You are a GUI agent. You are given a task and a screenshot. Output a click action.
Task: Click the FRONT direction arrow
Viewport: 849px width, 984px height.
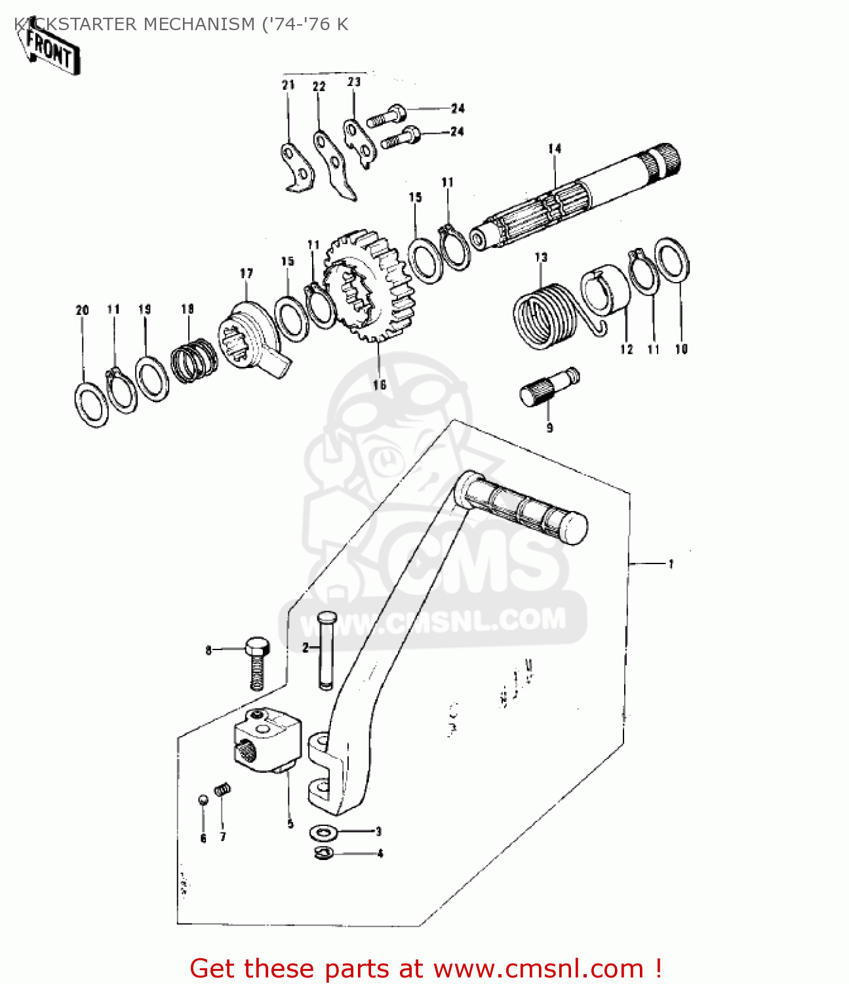tap(52, 50)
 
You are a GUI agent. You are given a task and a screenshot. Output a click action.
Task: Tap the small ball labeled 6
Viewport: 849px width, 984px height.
tap(203, 799)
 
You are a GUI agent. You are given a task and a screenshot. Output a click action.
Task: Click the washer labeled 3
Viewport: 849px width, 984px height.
tap(323, 832)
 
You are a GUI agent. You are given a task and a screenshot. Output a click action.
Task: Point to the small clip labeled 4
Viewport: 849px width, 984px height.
tap(324, 853)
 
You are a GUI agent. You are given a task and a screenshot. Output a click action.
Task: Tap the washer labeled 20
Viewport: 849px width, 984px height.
tap(91, 403)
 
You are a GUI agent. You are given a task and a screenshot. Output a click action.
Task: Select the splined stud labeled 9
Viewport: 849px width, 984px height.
tap(549, 386)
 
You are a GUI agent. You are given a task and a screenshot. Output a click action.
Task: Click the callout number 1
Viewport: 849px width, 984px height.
tap(671, 564)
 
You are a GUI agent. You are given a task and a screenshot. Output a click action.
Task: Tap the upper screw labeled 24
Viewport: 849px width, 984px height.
tap(387, 115)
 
